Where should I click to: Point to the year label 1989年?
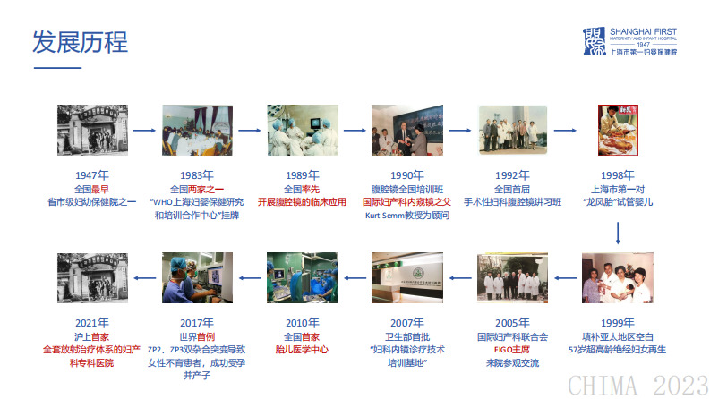coord(302,175)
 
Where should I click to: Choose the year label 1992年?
coord(512,175)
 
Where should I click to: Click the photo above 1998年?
coord(618,131)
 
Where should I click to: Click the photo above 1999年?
coord(618,278)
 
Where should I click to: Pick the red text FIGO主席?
coord(512,350)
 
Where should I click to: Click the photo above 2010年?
coord(302,278)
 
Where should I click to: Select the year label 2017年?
coord(196,323)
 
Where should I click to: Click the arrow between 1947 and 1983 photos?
coord(144,131)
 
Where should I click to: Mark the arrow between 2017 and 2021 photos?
coord(144,278)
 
